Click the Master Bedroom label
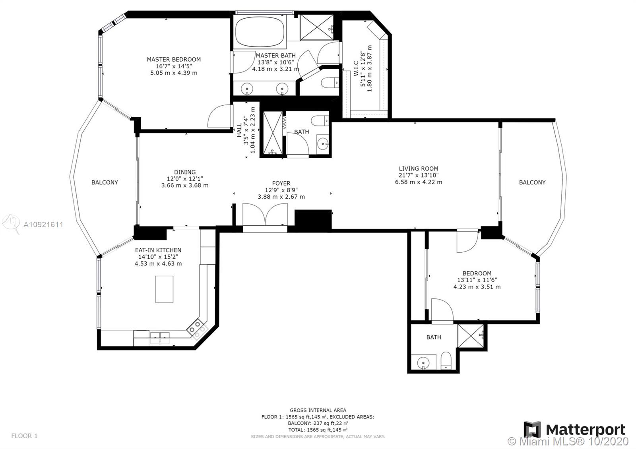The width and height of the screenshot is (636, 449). pos(174,59)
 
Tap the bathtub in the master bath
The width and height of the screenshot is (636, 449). pos(260,32)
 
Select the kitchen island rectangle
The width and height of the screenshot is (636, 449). pos(164,289)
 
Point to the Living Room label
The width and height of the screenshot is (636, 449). pos(419,168)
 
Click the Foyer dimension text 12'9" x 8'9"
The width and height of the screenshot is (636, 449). pos(281,190)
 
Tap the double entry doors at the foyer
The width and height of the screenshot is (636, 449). pos(265,214)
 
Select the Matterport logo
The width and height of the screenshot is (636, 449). pos(575,430)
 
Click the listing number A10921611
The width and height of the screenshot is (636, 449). pos(43,224)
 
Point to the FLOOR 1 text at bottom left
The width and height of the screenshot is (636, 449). pos(24,435)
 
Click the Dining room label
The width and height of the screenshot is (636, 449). pos(185,172)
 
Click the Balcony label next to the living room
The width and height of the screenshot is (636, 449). pos(532,182)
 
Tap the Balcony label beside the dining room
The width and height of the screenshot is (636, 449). pos(105,182)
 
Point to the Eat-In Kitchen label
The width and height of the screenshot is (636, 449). pos(158,250)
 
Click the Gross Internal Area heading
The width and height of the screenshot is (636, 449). pos(318,410)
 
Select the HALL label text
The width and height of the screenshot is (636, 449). pos(239,130)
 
